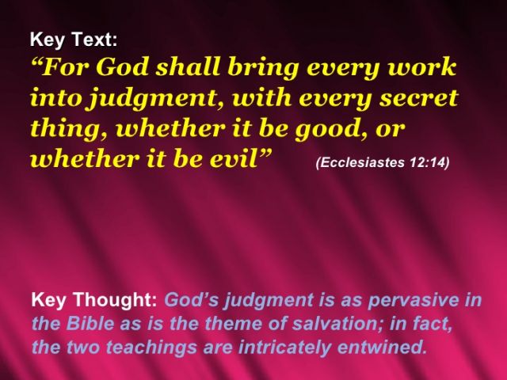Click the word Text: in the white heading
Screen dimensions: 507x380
[94, 40]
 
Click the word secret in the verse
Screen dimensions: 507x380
[419, 98]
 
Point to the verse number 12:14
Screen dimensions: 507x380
[427, 162]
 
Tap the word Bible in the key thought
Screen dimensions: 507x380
[90, 324]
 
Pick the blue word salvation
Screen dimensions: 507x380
[337, 324]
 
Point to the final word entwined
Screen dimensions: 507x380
[381, 347]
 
